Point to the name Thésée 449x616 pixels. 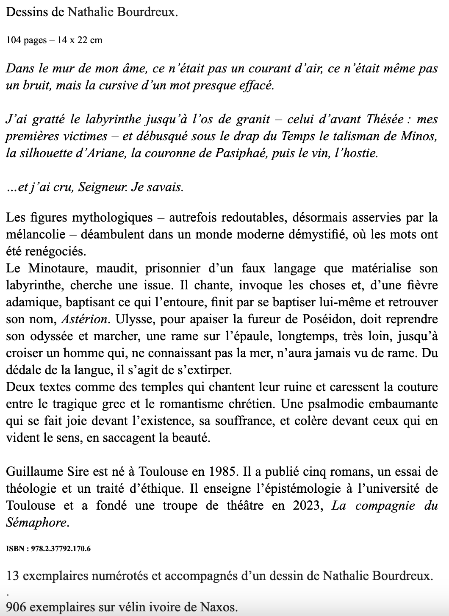(385, 119)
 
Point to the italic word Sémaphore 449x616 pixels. (36, 522)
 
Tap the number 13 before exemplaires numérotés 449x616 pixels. (13, 576)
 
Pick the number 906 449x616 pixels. (15, 608)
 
